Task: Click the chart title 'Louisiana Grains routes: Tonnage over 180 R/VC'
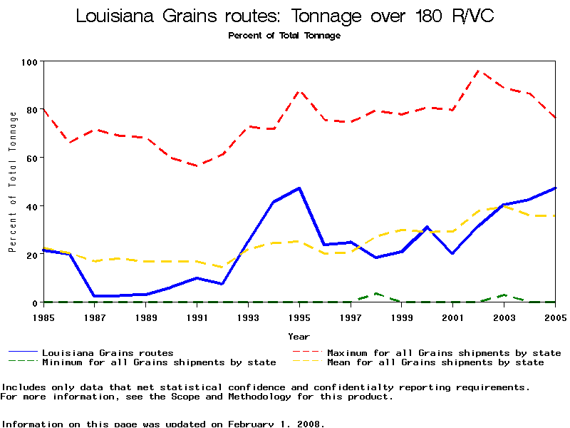coord(285,16)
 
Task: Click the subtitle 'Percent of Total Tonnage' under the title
coord(284,36)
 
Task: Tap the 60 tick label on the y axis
coord(32,158)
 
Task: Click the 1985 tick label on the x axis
coord(43,317)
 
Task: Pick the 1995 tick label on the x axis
coord(299,317)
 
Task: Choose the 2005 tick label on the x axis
coord(555,317)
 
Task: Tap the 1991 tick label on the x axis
coord(197,317)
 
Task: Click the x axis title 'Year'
coord(299,336)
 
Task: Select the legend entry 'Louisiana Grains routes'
coord(108,352)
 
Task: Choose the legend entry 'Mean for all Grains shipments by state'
coord(435,362)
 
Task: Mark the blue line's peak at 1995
coord(299,188)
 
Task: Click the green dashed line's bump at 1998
coord(376,293)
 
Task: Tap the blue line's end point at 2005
coord(555,188)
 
